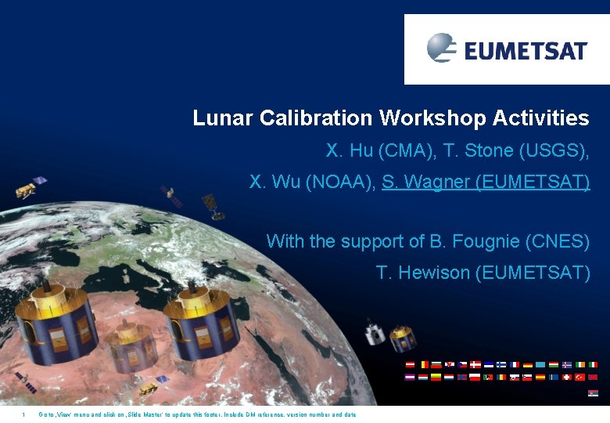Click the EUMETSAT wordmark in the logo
click(526, 51)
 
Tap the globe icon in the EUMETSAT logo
click(441, 48)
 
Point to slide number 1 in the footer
click(24, 414)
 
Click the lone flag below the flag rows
click(592, 393)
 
